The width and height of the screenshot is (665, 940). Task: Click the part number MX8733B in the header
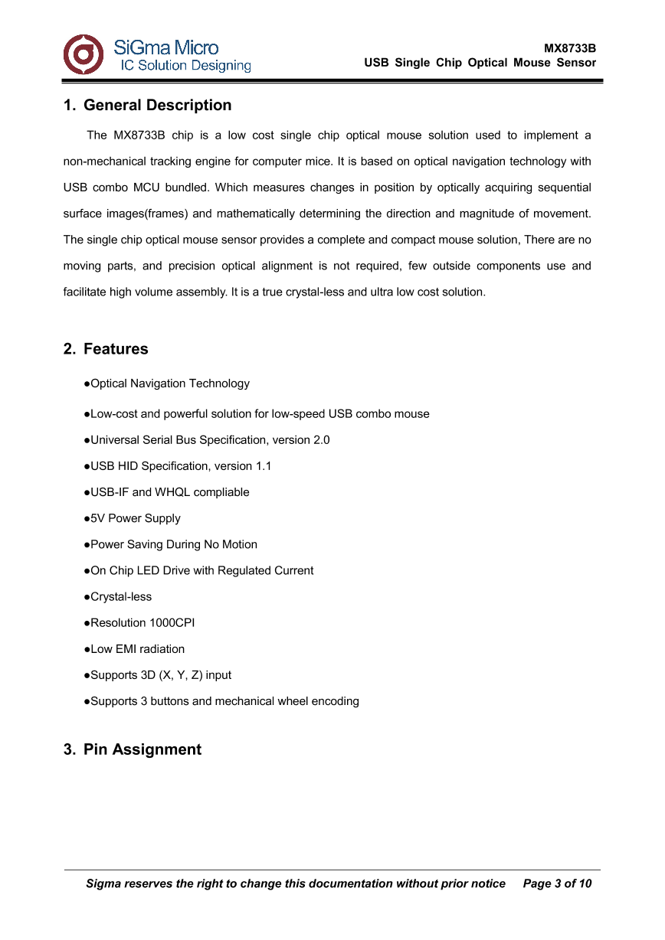(570, 48)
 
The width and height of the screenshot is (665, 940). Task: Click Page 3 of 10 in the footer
(557, 883)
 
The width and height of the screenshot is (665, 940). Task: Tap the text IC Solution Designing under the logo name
(185, 66)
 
